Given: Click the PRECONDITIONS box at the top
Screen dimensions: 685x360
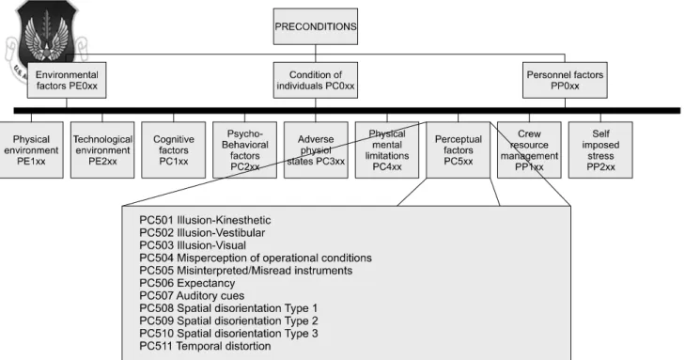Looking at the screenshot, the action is point(316,26).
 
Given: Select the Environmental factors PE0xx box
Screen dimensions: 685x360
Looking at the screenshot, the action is point(67,80).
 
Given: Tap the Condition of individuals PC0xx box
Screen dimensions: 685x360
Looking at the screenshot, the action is point(316,80).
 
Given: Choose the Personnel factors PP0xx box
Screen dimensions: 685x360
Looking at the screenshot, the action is point(565,80).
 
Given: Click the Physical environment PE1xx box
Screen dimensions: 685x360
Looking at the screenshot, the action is point(31,149).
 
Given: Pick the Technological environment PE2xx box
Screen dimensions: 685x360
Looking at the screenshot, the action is point(102,149).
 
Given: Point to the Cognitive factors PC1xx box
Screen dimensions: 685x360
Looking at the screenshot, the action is point(174,149).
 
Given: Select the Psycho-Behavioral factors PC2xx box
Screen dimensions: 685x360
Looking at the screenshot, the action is point(244,149).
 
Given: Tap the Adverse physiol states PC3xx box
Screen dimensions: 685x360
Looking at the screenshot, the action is point(316,149).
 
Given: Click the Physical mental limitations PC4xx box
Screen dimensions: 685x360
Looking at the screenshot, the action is point(387,149).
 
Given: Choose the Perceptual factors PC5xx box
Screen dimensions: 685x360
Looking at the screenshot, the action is point(459,149).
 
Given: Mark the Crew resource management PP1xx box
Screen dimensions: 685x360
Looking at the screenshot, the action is point(529,149).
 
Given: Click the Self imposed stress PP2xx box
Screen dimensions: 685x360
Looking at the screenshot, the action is point(600,149).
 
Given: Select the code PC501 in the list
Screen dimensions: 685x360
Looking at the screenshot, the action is point(156,220).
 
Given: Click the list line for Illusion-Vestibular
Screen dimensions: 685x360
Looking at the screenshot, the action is point(202,232).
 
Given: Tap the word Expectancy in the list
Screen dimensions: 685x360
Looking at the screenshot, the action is point(206,283).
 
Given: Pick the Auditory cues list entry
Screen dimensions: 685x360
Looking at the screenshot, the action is point(192,296).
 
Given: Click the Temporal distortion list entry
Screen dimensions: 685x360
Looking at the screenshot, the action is point(205,346).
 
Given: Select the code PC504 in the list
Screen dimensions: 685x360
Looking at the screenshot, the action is point(156,258).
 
